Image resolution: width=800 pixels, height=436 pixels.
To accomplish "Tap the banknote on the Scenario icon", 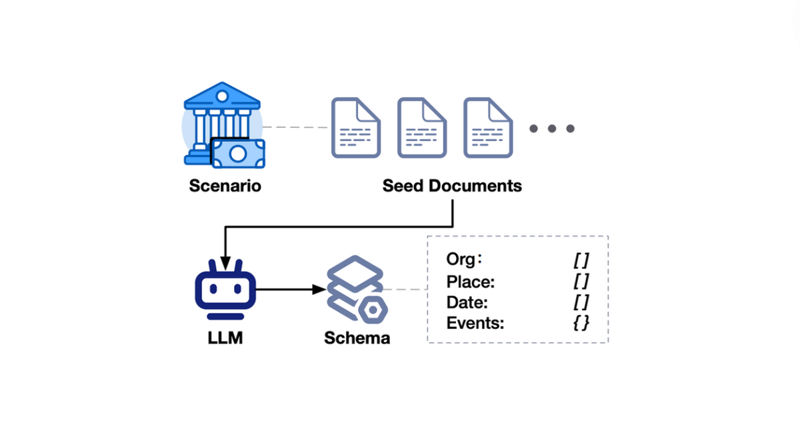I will click(238, 153).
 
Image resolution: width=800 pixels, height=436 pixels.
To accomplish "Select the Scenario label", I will click(225, 186).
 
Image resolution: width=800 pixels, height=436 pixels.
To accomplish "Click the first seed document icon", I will click(356, 128).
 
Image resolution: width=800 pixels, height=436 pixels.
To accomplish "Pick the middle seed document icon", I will click(422, 128).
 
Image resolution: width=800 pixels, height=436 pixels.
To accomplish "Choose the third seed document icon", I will click(488, 128).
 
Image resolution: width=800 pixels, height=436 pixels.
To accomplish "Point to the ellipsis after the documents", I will click(552, 128).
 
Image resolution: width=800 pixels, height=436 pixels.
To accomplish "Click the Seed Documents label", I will click(452, 186).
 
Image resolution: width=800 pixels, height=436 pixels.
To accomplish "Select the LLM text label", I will click(225, 337).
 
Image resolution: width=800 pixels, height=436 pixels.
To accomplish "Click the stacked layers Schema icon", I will click(355, 290).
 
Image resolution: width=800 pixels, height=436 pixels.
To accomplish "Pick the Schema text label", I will click(357, 337).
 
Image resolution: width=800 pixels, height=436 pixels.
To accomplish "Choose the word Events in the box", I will click(475, 324).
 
